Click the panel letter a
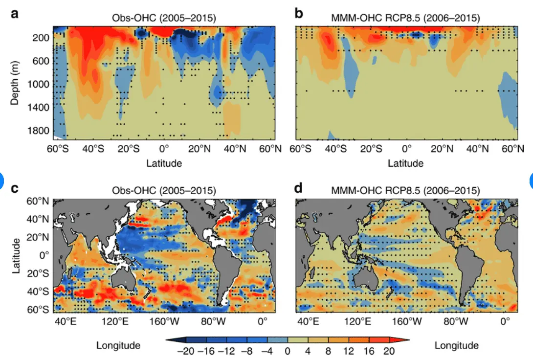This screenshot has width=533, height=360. (x=15, y=13)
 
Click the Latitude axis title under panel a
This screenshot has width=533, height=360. (x=164, y=163)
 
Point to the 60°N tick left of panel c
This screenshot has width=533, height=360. (x=40, y=202)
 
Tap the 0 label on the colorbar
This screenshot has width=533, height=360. (x=288, y=351)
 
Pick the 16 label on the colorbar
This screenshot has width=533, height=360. (x=369, y=351)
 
